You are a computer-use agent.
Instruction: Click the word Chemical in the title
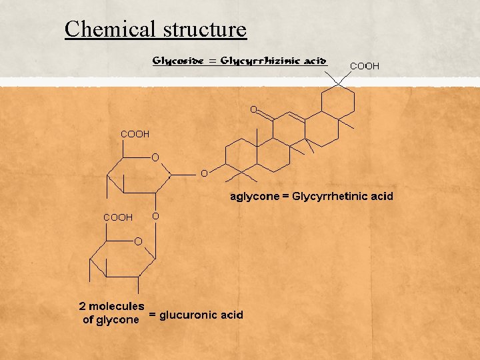pyautogui.click(x=107, y=29)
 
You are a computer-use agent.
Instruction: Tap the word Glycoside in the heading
pyautogui.click(x=175, y=61)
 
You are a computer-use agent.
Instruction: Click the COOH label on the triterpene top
pyautogui.click(x=365, y=66)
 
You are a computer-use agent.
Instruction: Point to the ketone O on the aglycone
pyautogui.click(x=253, y=109)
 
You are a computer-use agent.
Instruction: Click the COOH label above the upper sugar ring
pyautogui.click(x=135, y=134)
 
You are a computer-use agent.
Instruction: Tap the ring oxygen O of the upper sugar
pyautogui.click(x=155, y=157)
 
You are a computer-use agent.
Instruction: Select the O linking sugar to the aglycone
pyautogui.click(x=204, y=173)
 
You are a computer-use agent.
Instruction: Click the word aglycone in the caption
pyautogui.click(x=254, y=196)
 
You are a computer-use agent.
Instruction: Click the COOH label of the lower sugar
pyautogui.click(x=117, y=217)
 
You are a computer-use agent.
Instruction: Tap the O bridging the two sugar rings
pyautogui.click(x=155, y=216)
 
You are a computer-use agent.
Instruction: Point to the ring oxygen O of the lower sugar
pyautogui.click(x=139, y=240)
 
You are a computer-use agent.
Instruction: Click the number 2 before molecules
pyautogui.click(x=82, y=306)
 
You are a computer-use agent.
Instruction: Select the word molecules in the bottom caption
pyautogui.click(x=117, y=306)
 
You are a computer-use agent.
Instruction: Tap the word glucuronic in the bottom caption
pyautogui.click(x=189, y=314)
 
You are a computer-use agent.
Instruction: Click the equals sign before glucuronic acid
pyautogui.click(x=153, y=314)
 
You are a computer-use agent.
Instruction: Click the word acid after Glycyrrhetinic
pyautogui.click(x=382, y=196)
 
